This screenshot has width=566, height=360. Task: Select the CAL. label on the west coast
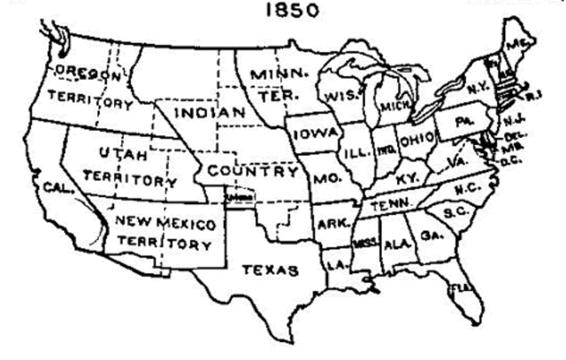[x=53, y=188]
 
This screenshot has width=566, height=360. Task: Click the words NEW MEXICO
[x=166, y=224]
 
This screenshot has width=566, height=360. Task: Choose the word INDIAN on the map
[x=209, y=113]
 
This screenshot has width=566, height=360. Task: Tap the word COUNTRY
[x=252, y=171]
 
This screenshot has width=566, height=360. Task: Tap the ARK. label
[x=332, y=222]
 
